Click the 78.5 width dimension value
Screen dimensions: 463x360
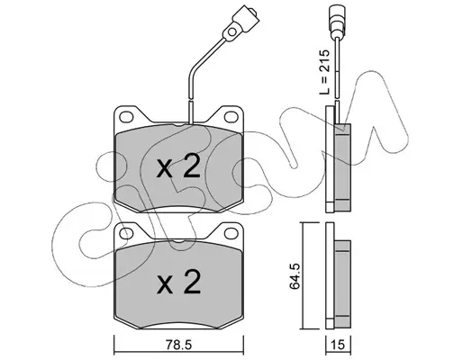(x=179, y=345)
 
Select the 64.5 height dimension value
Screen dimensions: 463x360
(x=295, y=276)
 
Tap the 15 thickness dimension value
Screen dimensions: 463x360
(x=339, y=345)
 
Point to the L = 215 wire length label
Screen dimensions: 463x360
(x=324, y=72)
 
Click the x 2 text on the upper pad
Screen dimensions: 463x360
(x=178, y=167)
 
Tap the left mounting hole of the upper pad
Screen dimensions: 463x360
(x=126, y=116)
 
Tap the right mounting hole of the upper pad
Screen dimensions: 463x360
(x=231, y=116)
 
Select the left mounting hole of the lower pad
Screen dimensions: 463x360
(x=126, y=232)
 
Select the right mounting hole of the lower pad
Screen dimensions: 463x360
(x=231, y=232)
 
